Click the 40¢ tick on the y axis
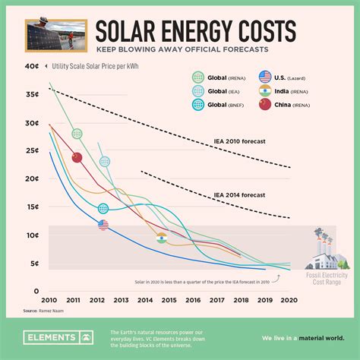pyautogui.click(x=32, y=66)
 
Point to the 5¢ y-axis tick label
pyautogui.click(x=33, y=264)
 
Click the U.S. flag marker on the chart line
pyautogui.click(x=103, y=224)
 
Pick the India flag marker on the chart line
pyautogui.click(x=161, y=238)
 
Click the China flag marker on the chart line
pyautogui.click(x=77, y=157)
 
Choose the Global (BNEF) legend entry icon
pyautogui.click(x=198, y=106)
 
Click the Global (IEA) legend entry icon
pyautogui.click(x=198, y=91)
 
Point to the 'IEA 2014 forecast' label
pyautogui.click(x=240, y=195)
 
